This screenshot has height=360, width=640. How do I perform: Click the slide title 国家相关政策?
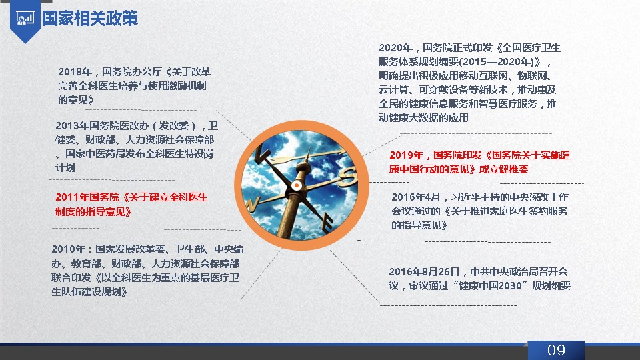pyautogui.click(x=90, y=19)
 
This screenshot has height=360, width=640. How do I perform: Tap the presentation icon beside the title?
pyautogui.click(x=25, y=19)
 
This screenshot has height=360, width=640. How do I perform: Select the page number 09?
pyautogui.click(x=556, y=350)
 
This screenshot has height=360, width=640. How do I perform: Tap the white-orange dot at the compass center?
pyautogui.click(x=297, y=186)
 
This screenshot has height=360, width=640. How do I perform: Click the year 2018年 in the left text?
pyautogui.click(x=75, y=72)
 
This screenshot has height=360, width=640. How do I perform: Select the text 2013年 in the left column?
pyautogui.click(x=72, y=126)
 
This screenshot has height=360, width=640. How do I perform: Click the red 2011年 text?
pyautogui.click(x=72, y=197)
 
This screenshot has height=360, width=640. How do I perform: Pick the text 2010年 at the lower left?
pyautogui.click(x=68, y=249)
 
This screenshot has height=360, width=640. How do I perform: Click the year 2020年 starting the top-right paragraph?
pyautogui.click(x=395, y=48)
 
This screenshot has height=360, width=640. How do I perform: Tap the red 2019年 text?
pyautogui.click(x=406, y=155)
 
